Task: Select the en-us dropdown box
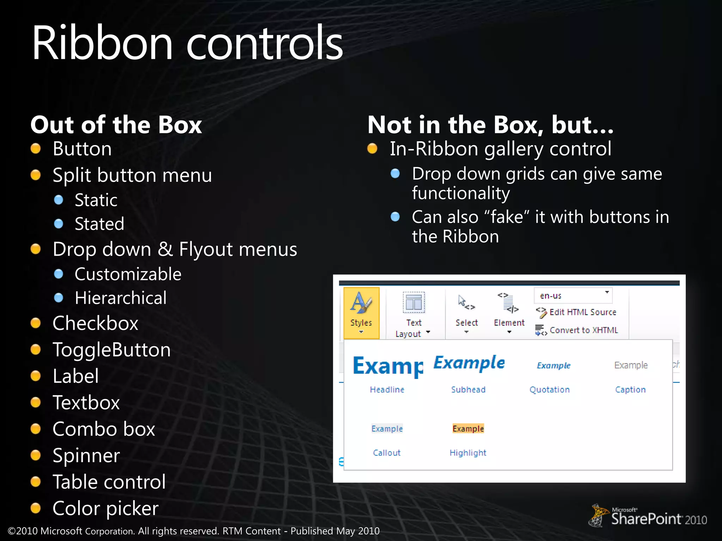click(573, 296)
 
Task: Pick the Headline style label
click(387, 390)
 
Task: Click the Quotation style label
click(550, 390)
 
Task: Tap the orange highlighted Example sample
click(468, 429)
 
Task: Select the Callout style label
click(387, 453)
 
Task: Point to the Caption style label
click(630, 390)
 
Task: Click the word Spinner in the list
click(86, 456)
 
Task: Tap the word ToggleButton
click(112, 350)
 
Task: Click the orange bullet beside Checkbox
click(36, 323)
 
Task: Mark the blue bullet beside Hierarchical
click(59, 298)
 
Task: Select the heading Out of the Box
click(116, 125)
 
